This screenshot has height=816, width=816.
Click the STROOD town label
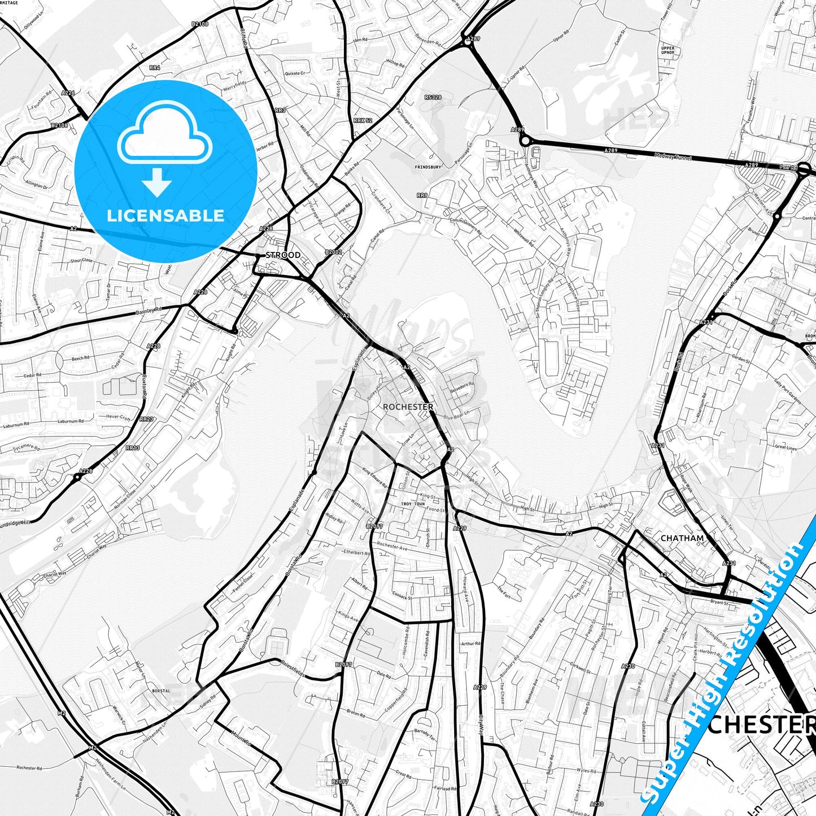pos(283,255)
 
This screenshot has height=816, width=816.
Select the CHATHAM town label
pos(682,538)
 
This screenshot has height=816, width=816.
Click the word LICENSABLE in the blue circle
pos(165,215)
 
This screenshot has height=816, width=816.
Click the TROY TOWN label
pos(412,503)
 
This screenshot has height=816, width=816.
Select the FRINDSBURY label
pos(428,167)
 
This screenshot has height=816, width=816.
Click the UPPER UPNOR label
pos(667,51)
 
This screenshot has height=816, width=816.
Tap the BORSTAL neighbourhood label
pos(161,690)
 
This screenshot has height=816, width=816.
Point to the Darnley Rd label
pos(149,310)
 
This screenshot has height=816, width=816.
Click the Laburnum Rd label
pos(71,421)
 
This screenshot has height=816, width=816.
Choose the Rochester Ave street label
pos(391,547)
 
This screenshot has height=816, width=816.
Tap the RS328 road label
pos(433,98)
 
